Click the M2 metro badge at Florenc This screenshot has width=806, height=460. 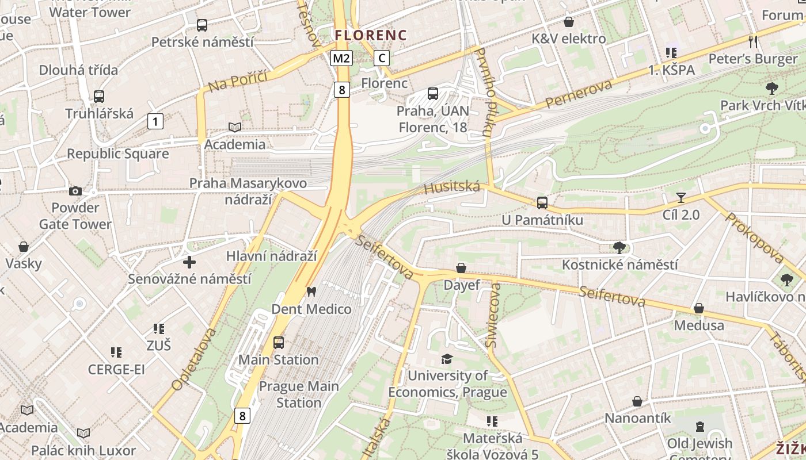click(x=341, y=58)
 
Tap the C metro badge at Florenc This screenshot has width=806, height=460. click(x=381, y=58)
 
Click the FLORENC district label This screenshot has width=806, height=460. click(x=371, y=35)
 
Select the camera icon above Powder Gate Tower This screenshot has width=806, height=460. click(x=75, y=191)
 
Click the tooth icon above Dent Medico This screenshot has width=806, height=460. click(x=311, y=292)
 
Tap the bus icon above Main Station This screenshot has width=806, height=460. click(x=279, y=343)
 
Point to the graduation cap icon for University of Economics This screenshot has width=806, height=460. click(x=447, y=359)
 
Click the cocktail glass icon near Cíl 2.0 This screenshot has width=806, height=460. click(x=681, y=198)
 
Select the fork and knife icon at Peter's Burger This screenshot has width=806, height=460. click(x=752, y=41)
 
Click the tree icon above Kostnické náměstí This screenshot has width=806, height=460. click(x=619, y=248)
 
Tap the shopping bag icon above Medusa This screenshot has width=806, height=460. click(x=698, y=308)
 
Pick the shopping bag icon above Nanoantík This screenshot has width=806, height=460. click(x=637, y=401)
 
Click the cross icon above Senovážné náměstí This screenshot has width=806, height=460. click(x=189, y=262)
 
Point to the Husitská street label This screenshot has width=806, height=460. click(x=451, y=187)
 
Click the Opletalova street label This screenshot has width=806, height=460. click(x=195, y=359)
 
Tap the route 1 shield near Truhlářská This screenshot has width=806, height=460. click(x=155, y=121)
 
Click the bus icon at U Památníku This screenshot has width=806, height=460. click(x=542, y=202)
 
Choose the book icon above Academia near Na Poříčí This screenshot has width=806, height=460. click(x=234, y=127)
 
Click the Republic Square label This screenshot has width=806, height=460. click(x=117, y=154)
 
